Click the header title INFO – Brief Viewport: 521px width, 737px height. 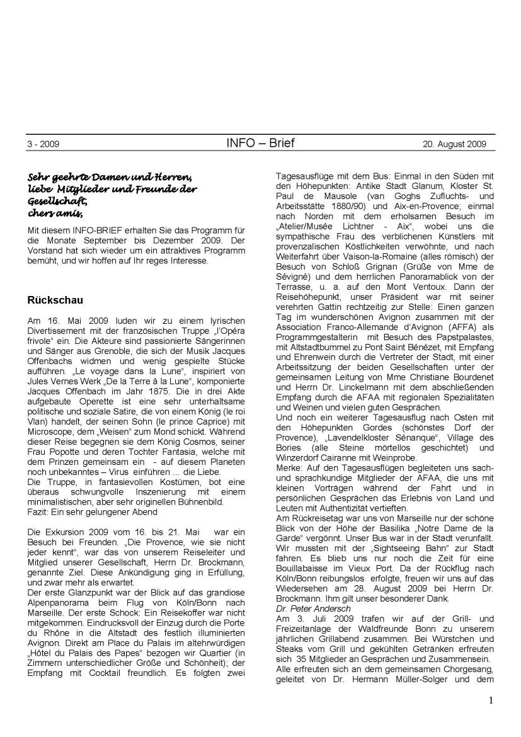(260, 143)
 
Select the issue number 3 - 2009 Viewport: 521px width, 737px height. (43, 144)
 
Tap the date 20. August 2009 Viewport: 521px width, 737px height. (454, 144)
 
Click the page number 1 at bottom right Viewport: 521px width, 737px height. (490, 719)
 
